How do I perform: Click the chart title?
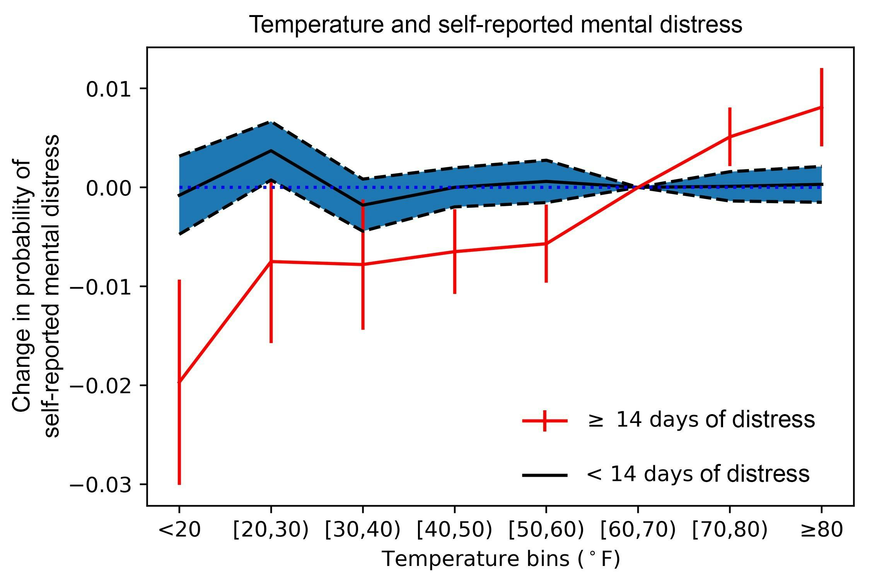496,25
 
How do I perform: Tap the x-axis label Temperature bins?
501,559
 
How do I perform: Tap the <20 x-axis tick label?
179,530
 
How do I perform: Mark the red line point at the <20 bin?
179,382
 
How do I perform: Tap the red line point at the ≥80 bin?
821,107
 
